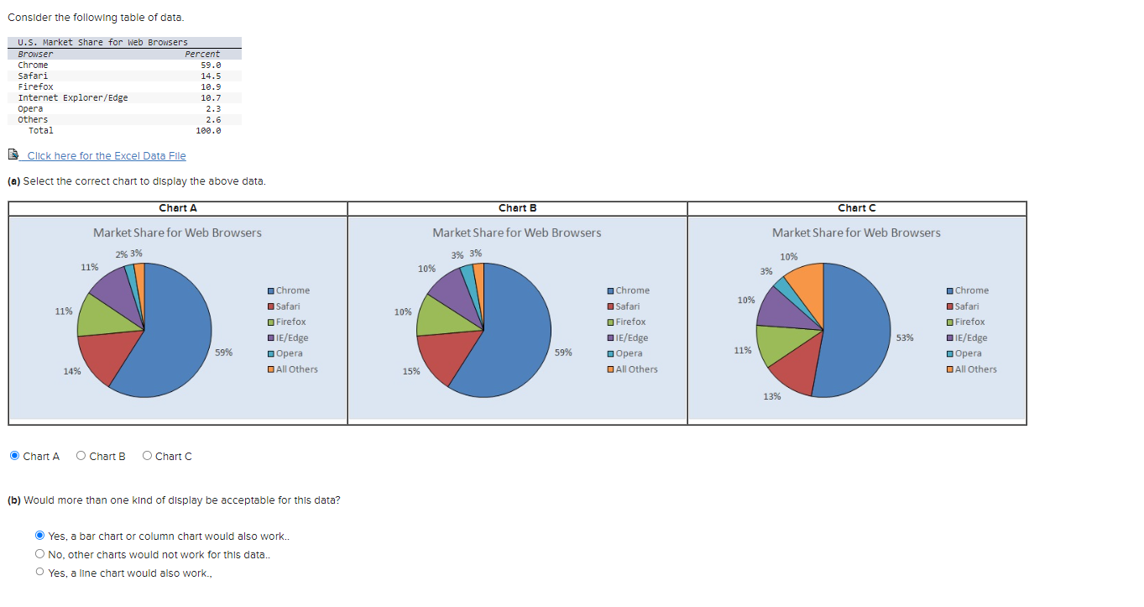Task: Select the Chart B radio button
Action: pos(81,456)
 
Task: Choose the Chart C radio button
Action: pos(148,456)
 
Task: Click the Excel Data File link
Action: pos(106,156)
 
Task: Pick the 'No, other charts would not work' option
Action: pos(39,554)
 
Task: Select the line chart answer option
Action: pos(39,573)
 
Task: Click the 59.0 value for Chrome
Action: pos(211,65)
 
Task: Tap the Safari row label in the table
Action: pos(33,76)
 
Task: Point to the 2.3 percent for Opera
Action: pos(213,108)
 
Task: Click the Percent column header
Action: pos(202,54)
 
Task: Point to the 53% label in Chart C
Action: pos(905,338)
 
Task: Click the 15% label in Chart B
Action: pos(410,371)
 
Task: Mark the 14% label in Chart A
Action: pos(72,371)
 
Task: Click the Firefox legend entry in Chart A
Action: pos(290,322)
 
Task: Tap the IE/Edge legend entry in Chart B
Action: pos(631,338)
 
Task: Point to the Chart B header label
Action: pos(517,208)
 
